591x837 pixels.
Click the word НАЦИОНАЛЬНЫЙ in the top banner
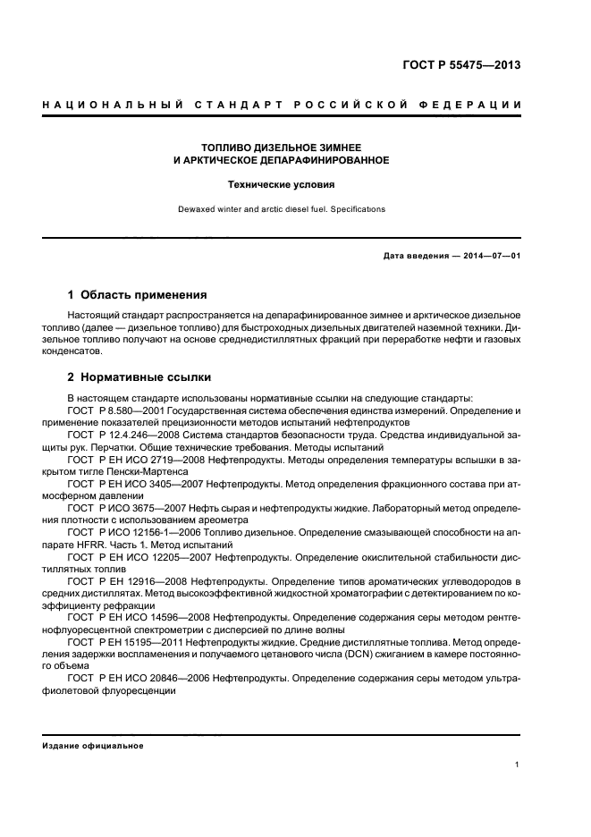98,106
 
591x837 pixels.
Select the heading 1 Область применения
138,294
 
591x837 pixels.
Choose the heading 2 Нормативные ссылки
139,377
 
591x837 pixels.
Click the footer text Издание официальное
93,746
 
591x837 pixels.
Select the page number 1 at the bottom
518,765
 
